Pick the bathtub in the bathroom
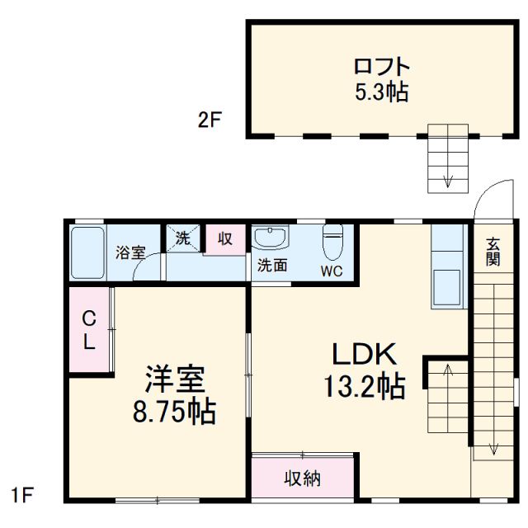(x=87, y=252)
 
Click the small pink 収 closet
(x=225, y=239)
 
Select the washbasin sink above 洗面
(x=271, y=238)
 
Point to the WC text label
(x=332, y=271)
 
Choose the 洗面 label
(x=271, y=266)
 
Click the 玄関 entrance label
(x=493, y=251)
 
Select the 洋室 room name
(x=175, y=381)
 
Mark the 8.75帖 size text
(x=175, y=410)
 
